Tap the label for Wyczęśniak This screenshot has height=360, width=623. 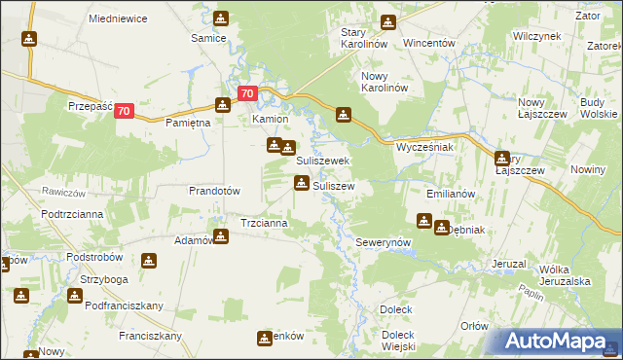coord(425,147)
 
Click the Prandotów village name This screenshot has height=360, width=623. coord(214,192)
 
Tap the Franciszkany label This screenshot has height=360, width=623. coord(152,336)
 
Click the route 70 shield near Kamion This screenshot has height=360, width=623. coord(247,94)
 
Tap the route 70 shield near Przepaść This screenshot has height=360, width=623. coord(124,112)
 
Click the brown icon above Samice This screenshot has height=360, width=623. coord(222,18)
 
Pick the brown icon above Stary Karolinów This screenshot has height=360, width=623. coord(388,21)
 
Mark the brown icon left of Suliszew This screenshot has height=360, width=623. coord(302,183)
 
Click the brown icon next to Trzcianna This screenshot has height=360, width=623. coord(222,234)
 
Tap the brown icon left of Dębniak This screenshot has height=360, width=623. coord(425,221)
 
